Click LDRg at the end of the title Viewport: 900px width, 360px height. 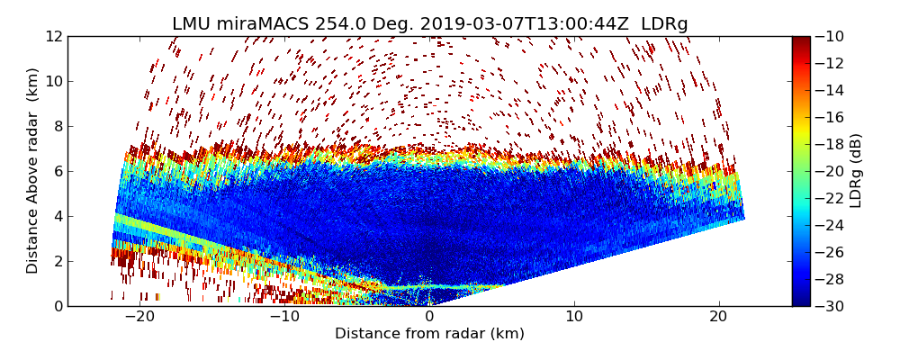click(x=664, y=24)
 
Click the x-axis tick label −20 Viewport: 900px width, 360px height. click(x=139, y=318)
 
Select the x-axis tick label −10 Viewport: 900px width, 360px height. click(x=284, y=318)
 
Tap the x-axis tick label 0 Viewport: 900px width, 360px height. click(x=429, y=318)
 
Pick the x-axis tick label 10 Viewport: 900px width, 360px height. click(x=574, y=318)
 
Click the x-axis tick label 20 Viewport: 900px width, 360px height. click(x=719, y=318)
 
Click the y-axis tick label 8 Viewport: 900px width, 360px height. click(x=58, y=126)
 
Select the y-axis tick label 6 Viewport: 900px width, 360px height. click(x=58, y=171)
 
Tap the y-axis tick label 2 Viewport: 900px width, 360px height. click(x=58, y=261)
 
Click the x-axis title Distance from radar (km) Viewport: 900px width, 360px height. click(x=429, y=334)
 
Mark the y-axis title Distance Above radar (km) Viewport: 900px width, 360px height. click(x=33, y=171)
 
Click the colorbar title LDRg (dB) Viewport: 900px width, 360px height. click(x=856, y=171)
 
